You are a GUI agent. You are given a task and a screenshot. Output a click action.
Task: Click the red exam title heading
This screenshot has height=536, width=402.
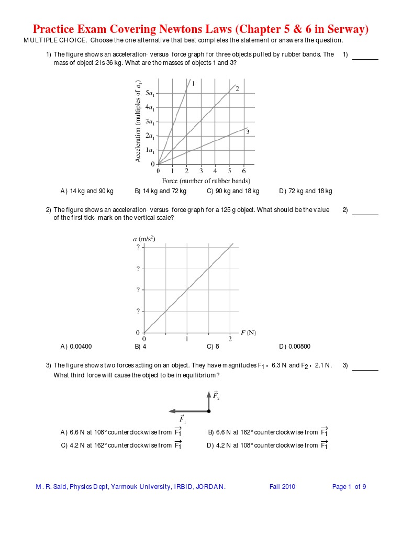tap(201, 29)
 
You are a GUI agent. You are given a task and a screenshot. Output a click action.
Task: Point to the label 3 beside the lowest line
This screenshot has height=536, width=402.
tap(248, 132)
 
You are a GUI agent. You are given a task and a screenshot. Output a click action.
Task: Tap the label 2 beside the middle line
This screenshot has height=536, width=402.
tap(237, 89)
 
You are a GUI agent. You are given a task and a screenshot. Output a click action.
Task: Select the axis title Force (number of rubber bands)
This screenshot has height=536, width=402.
tap(206, 181)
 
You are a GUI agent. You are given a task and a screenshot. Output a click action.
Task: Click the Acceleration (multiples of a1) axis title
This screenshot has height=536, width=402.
tap(139, 121)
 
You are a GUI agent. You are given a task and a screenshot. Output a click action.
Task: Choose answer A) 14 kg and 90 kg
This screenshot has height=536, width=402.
tap(87, 191)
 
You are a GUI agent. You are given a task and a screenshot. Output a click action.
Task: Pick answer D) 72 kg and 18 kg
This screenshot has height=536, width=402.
tap(306, 191)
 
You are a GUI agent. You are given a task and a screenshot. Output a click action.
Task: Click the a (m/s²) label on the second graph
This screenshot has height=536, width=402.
tap(144, 239)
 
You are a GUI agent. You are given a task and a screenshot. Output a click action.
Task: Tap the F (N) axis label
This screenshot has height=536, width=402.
tap(248, 332)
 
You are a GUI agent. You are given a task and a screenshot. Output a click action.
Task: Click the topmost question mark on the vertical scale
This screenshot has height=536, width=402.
tap(138, 248)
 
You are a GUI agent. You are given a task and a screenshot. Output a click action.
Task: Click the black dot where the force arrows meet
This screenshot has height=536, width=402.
tap(208, 411)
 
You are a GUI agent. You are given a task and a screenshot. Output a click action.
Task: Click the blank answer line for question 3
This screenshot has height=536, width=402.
tap(365, 370)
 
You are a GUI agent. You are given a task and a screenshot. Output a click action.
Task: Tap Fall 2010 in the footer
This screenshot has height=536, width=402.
tap(282, 487)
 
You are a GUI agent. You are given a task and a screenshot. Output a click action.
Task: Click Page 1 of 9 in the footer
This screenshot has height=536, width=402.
tap(349, 487)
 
